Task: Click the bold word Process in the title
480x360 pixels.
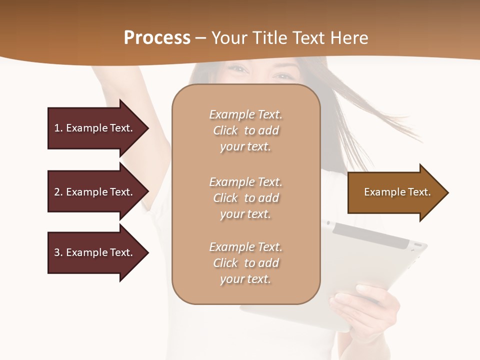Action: tap(157, 38)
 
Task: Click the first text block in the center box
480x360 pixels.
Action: tap(245, 130)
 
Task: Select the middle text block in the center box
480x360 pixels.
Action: tap(245, 198)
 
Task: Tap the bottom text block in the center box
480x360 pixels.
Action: tap(245, 263)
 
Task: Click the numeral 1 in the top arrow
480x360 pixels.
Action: tap(57, 128)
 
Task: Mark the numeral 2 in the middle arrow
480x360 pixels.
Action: tap(57, 192)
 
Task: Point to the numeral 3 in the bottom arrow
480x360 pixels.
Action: tap(57, 252)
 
